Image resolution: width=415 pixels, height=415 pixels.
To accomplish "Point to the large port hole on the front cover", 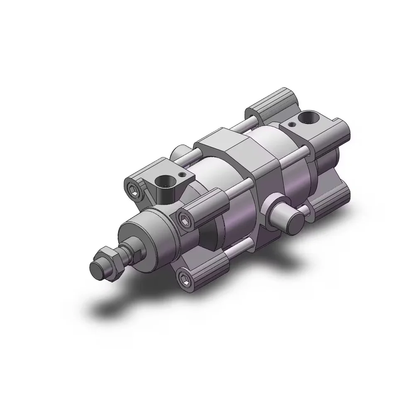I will tap(161, 181).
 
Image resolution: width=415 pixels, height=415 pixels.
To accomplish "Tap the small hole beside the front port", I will tap(180, 175).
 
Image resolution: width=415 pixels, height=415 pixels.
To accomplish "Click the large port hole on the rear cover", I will tap(310, 119).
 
